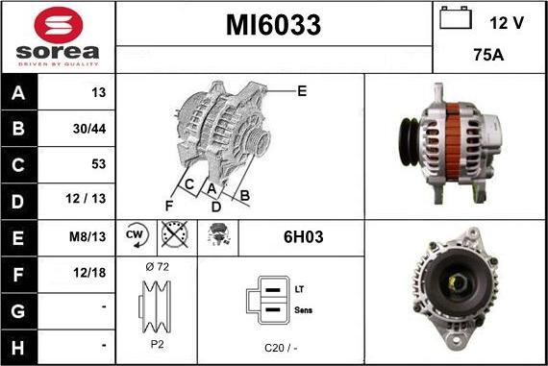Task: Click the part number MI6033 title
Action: coord(273,25)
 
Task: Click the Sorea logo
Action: coord(58,37)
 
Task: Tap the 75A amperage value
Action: coord(489,57)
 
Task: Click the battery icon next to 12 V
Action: coord(455,18)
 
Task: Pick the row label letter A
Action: coord(19,93)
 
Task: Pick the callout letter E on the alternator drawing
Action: coord(301,91)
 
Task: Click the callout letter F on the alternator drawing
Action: coord(169,205)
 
